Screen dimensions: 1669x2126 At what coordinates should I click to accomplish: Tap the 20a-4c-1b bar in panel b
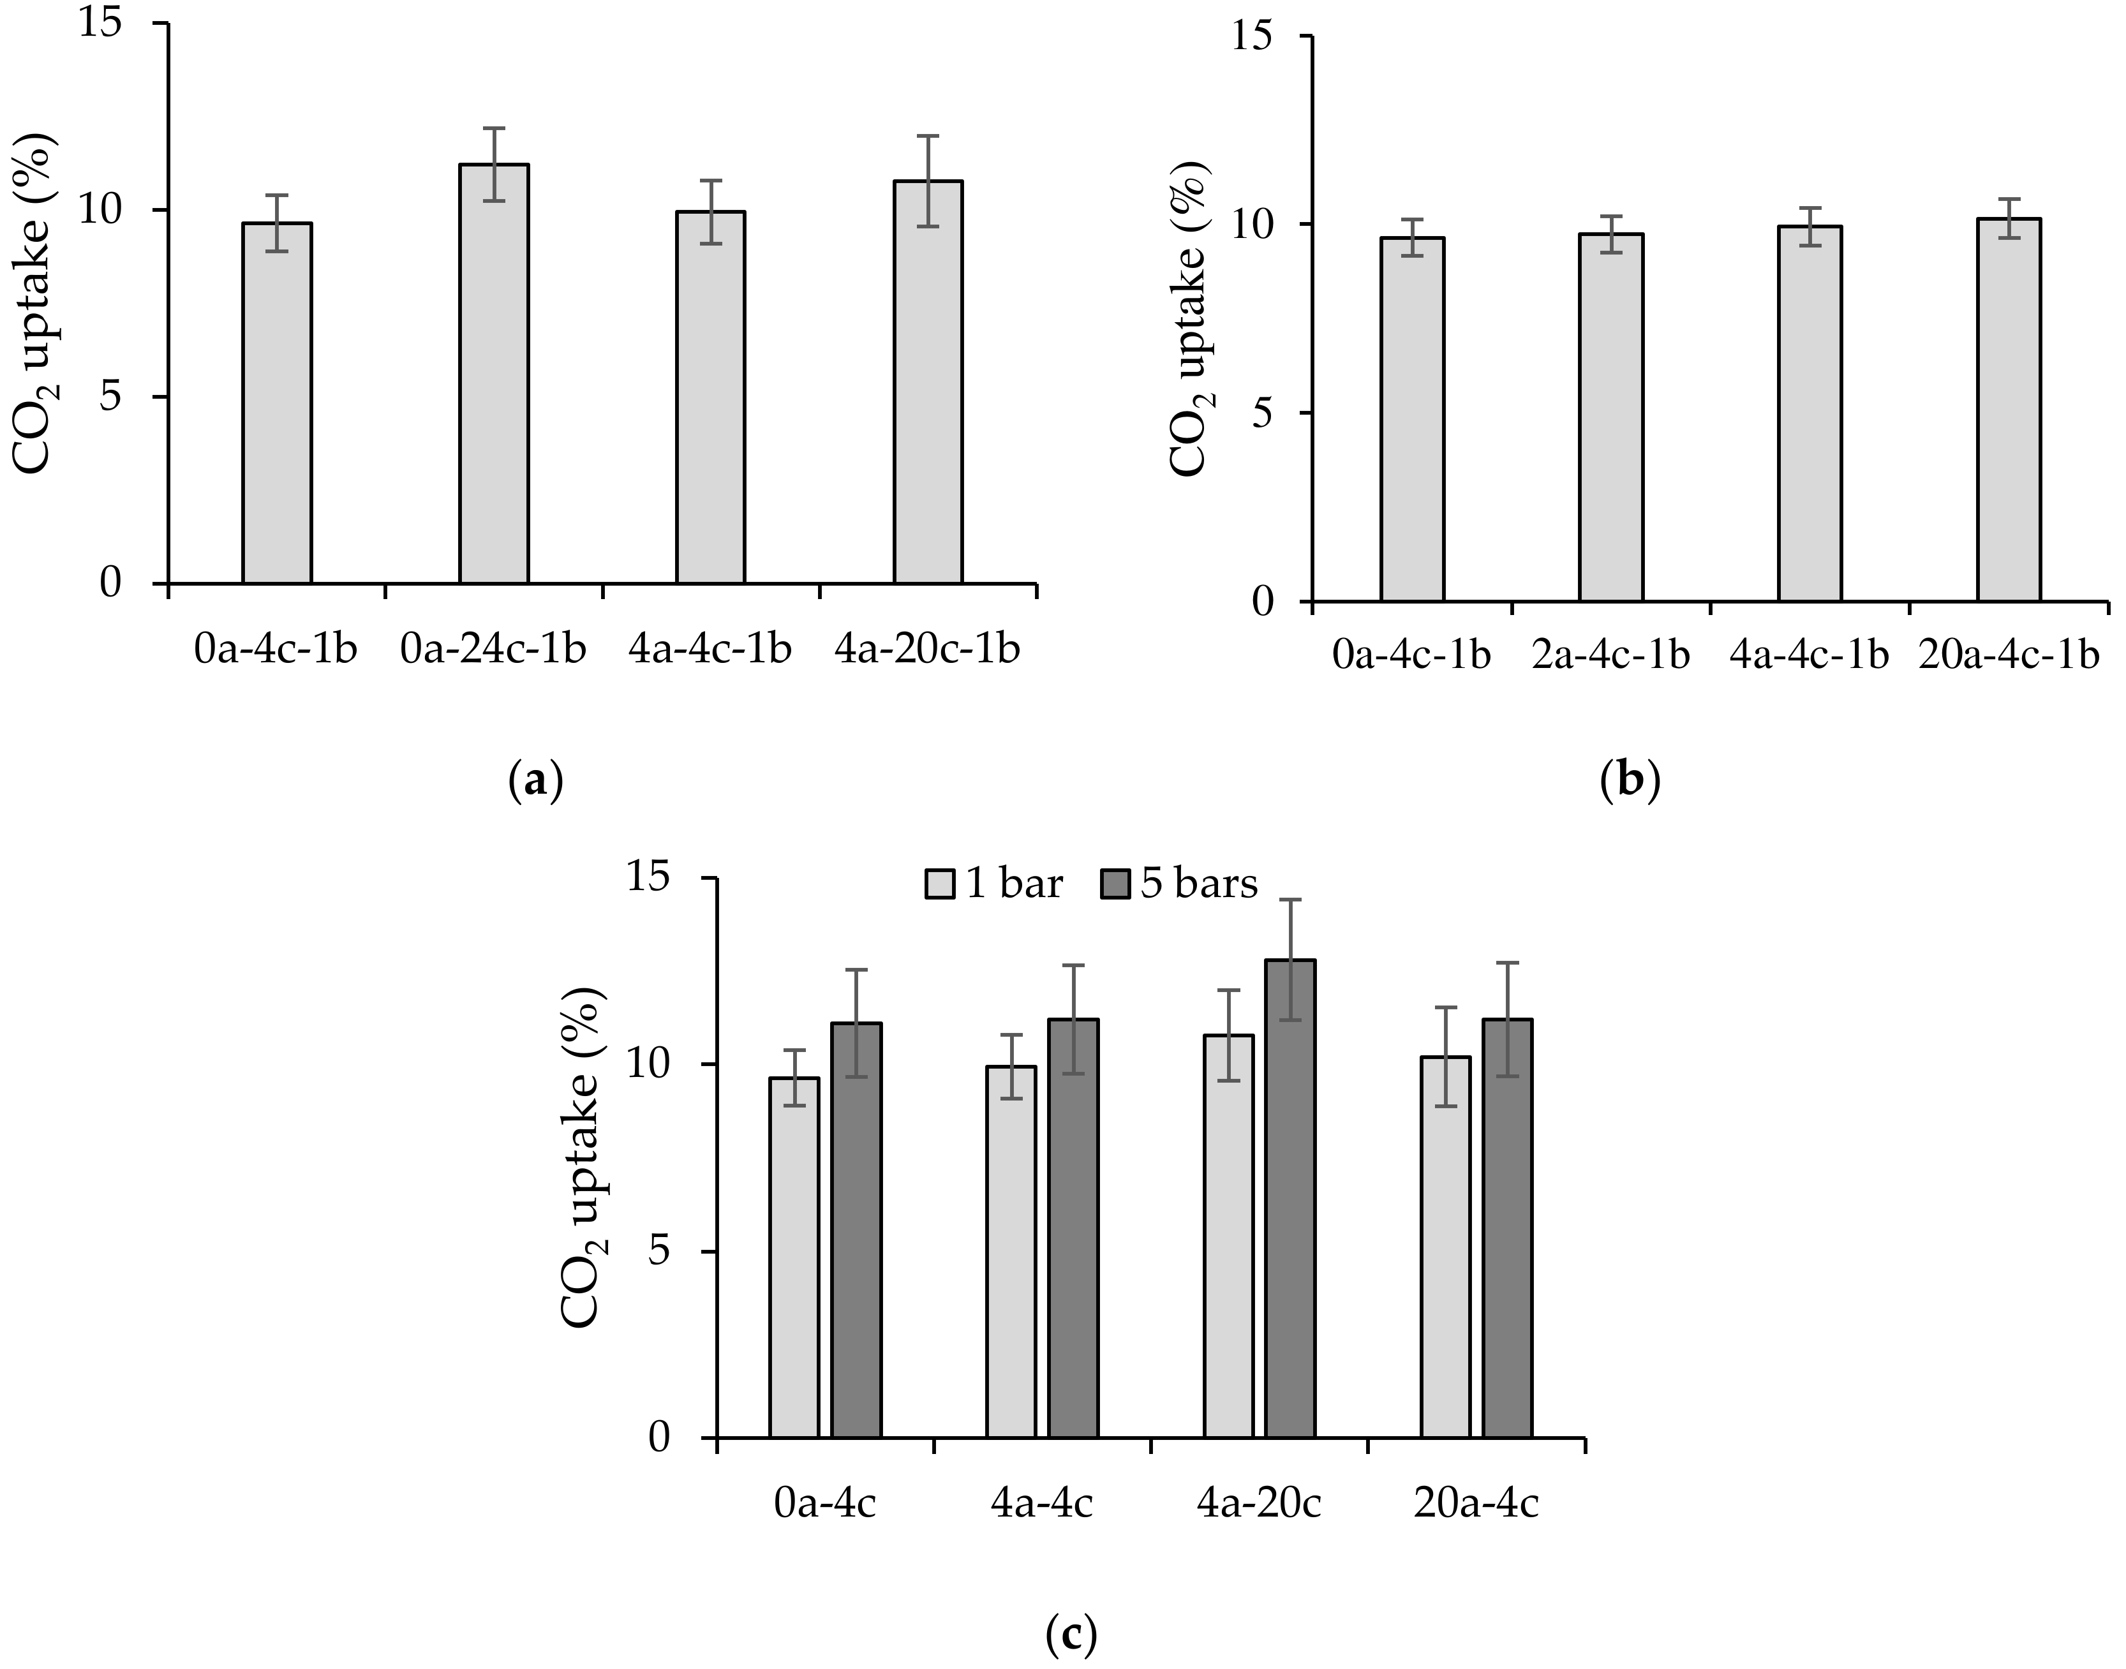(2008, 410)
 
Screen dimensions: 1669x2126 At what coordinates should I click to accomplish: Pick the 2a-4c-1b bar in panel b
(1610, 419)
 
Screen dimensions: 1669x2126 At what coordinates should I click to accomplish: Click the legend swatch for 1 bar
(940, 884)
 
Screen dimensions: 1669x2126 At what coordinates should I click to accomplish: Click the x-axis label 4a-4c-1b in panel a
(710, 649)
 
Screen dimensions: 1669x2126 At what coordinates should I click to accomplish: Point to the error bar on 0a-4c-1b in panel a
(278, 223)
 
